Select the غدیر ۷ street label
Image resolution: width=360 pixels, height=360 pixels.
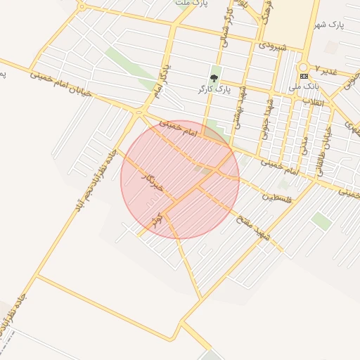326,71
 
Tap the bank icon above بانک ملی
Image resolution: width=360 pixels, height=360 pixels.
304,76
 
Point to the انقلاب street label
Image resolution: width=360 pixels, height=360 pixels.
312,103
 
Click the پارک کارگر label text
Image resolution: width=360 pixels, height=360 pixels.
214,90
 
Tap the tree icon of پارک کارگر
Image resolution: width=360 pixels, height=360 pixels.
214,78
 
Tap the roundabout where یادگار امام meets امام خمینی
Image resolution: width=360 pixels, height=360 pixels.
141,110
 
